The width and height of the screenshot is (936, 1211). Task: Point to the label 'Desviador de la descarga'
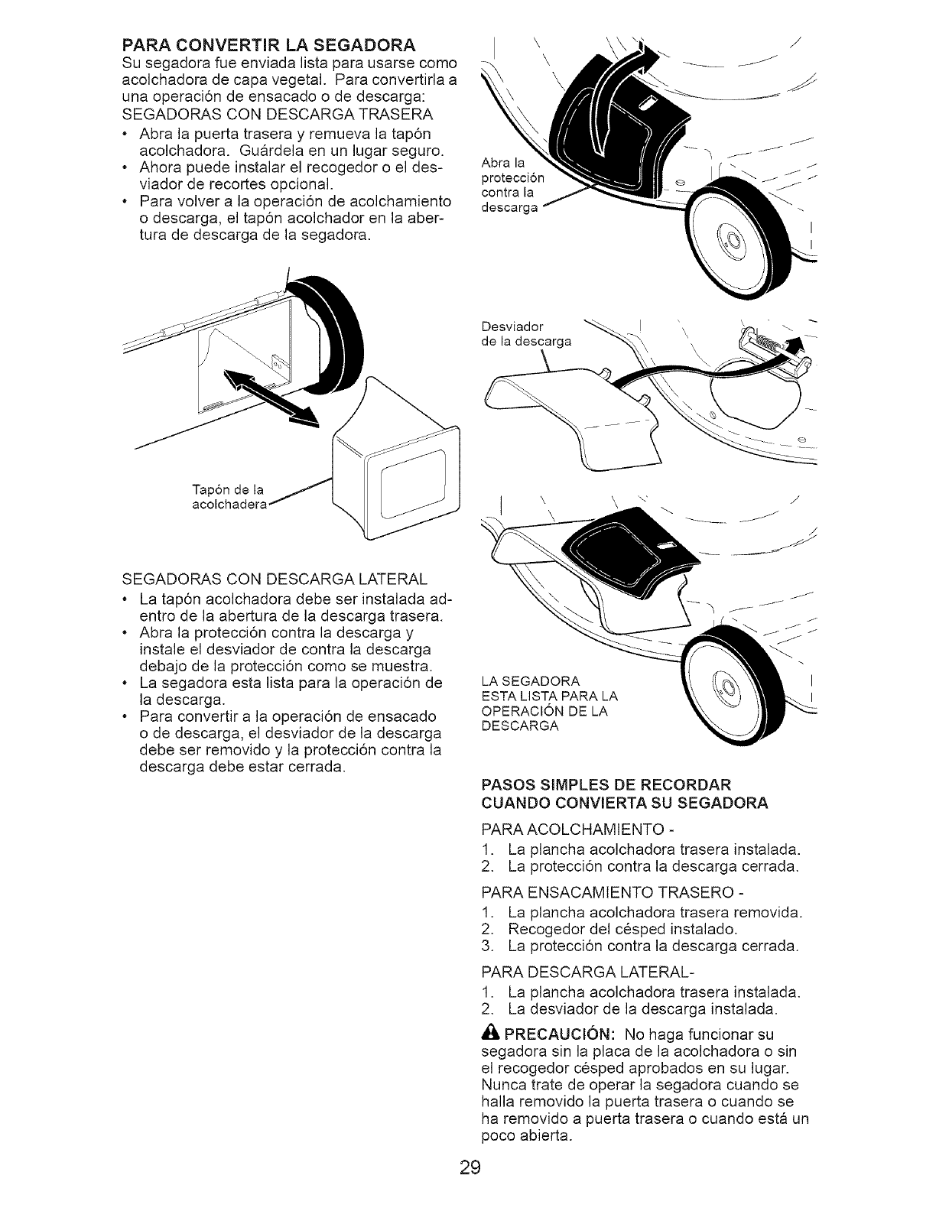pyautogui.click(x=528, y=335)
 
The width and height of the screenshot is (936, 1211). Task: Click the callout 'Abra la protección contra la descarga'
pyautogui.click(x=512, y=186)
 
